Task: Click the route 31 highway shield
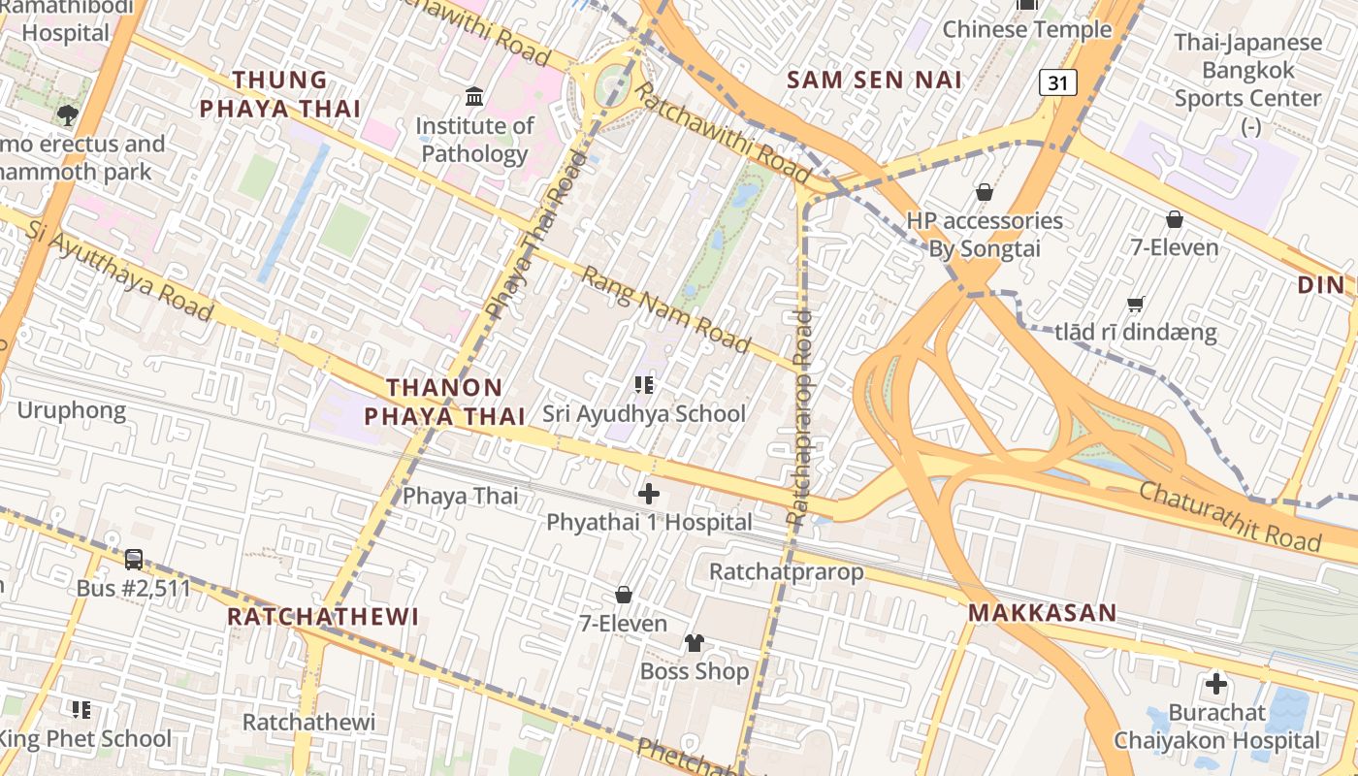pos(1057,83)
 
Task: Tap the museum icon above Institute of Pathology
pos(474,96)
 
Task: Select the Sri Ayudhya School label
pos(644,414)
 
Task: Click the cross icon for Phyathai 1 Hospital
pos(649,494)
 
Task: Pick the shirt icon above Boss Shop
pos(695,643)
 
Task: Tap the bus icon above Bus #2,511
pos(134,560)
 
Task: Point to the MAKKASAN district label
pos(1043,613)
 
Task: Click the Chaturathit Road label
pos(1230,516)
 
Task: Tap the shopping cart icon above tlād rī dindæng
pos(1136,304)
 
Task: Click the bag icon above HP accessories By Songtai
pos(985,192)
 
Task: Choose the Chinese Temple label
pos(1027,30)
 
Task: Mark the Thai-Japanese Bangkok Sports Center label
pos(1247,71)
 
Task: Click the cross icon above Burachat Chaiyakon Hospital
pos(1216,684)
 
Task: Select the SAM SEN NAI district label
pos(874,80)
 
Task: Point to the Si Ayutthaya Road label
pos(119,271)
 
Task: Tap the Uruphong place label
pos(72,410)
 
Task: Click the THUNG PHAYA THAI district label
pos(280,94)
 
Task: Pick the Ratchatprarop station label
pos(786,571)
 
